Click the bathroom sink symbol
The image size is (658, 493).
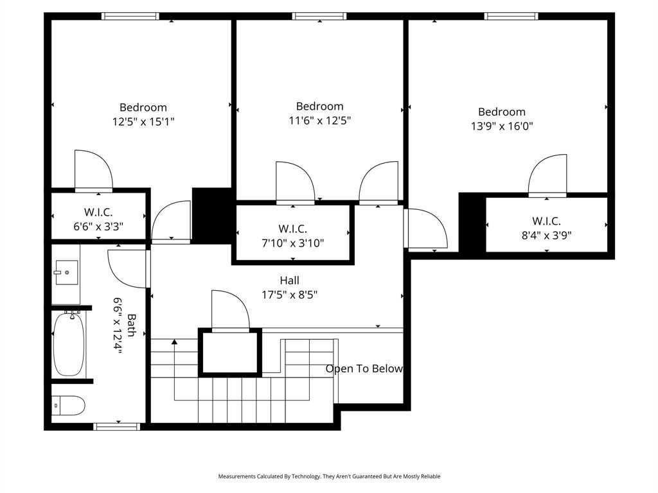pyautogui.click(x=66, y=272)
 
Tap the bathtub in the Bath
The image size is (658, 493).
pyautogui.click(x=69, y=344)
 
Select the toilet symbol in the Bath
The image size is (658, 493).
pyautogui.click(x=68, y=405)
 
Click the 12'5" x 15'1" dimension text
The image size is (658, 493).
pyautogui.click(x=143, y=121)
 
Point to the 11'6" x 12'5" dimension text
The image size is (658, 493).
pyautogui.click(x=319, y=120)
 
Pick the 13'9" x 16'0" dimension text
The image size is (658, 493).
pyautogui.click(x=501, y=126)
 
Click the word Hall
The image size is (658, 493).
pyautogui.click(x=289, y=281)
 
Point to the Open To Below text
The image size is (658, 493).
pyautogui.click(x=364, y=368)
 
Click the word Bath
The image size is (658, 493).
pyautogui.click(x=131, y=325)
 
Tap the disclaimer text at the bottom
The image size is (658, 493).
pyautogui.click(x=329, y=476)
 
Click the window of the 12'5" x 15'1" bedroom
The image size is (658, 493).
pyautogui.click(x=130, y=17)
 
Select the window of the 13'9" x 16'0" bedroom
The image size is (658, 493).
pyautogui.click(x=511, y=17)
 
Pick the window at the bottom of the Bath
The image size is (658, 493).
pyautogui.click(x=116, y=426)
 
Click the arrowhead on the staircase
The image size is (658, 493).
pyautogui.click(x=174, y=342)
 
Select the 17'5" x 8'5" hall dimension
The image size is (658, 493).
pyautogui.click(x=289, y=295)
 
